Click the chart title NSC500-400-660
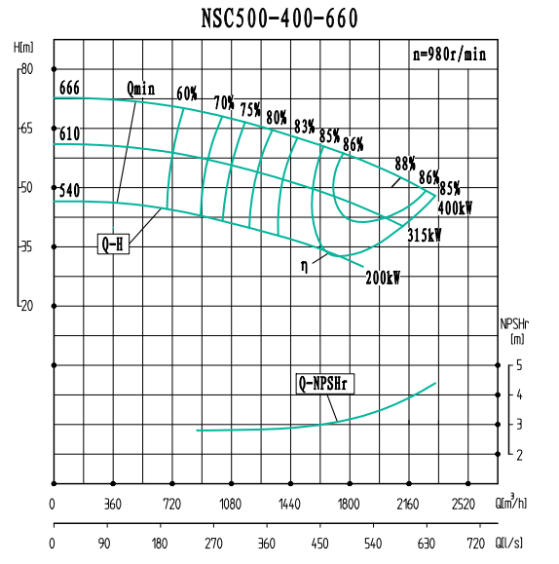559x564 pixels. click(x=279, y=19)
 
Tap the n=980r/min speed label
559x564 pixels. click(x=448, y=55)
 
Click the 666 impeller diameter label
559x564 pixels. click(x=69, y=88)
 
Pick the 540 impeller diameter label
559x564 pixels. click(x=69, y=190)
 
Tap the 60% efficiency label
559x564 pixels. click(x=187, y=94)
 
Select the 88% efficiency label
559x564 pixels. click(x=405, y=163)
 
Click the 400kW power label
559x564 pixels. click(x=455, y=207)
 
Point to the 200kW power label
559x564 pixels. click(x=383, y=277)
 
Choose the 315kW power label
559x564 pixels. click(x=424, y=235)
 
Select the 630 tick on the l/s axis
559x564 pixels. click(x=425, y=543)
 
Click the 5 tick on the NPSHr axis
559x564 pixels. click(x=520, y=365)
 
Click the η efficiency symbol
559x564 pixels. click(x=304, y=263)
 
